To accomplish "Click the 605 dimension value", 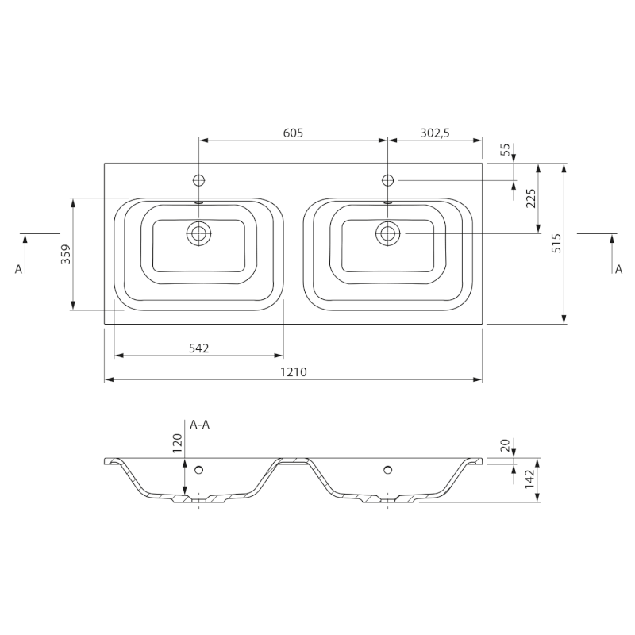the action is pyautogui.click(x=293, y=133).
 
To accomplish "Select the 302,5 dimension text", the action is pyautogui.click(x=435, y=133).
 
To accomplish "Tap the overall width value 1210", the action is pyautogui.click(x=294, y=371).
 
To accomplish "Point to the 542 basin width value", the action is pyautogui.click(x=199, y=348).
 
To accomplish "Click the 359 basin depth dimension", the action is pyautogui.click(x=66, y=254).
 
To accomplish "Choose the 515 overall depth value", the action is pyautogui.click(x=557, y=244).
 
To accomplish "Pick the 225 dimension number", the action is pyautogui.click(x=531, y=198).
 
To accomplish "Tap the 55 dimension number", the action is pyautogui.click(x=506, y=150).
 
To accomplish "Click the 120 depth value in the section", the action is pyautogui.click(x=178, y=443).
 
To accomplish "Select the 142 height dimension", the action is pyautogui.click(x=530, y=479).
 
